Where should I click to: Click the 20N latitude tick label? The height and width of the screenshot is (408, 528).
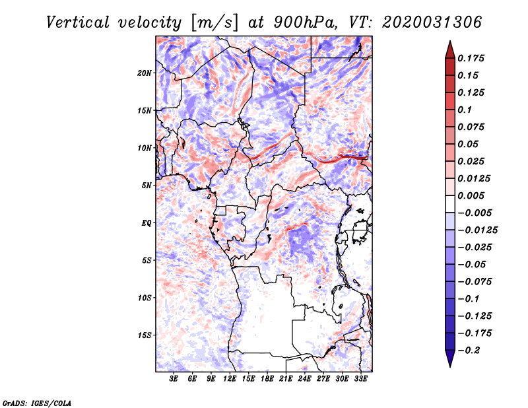[x=145, y=73]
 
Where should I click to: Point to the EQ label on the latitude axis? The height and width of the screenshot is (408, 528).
[x=147, y=223]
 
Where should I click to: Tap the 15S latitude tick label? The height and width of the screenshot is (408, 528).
[x=145, y=335]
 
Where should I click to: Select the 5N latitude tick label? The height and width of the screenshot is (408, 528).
[x=147, y=186]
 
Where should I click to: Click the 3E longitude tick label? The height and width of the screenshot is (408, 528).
[x=174, y=379]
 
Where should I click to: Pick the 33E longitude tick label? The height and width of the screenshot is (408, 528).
[x=360, y=379]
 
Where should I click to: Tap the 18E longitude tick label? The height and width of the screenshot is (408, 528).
[x=267, y=379]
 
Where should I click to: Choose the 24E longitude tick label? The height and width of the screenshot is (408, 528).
[x=304, y=379]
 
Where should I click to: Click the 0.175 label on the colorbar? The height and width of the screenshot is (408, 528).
[x=471, y=58]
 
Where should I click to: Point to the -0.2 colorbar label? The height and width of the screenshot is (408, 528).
[x=469, y=351]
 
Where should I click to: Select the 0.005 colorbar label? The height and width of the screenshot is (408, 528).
[x=471, y=195]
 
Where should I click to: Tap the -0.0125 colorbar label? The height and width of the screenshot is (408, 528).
[x=477, y=230]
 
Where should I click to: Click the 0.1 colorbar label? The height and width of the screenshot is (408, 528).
[x=465, y=110]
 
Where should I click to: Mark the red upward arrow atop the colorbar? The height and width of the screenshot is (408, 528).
[x=450, y=50]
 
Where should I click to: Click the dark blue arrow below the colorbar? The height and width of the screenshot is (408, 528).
[x=450, y=358]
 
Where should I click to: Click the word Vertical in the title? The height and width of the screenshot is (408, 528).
[x=78, y=22]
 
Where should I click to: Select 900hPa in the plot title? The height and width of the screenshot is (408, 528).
[x=306, y=22]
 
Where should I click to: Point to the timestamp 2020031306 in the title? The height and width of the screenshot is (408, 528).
[x=432, y=22]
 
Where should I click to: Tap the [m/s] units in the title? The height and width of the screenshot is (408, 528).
[x=214, y=23]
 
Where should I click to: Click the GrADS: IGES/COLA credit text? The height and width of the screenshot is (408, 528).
[x=37, y=403]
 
